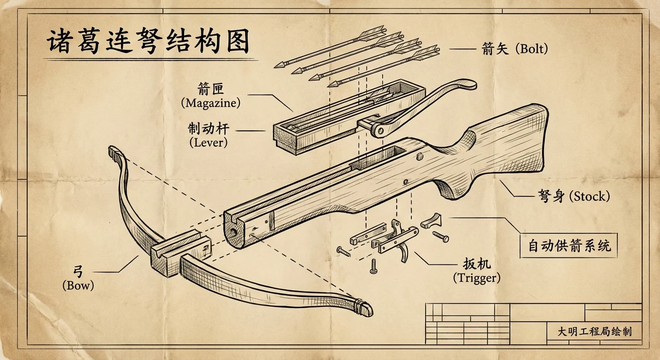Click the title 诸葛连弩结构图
coord(148,41)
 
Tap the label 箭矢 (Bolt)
coord(515,49)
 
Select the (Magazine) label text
coord(210,103)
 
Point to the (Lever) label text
coord(209,143)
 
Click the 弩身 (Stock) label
coord(574,196)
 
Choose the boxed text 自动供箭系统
coord(569,246)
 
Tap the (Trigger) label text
coord(477,278)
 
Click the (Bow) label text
coord(78,285)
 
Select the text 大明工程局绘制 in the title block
coord(594,331)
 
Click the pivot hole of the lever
coord(380,131)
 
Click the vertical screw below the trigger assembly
coord(374,266)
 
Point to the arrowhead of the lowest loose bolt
coord(333,84)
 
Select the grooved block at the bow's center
coord(181,253)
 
